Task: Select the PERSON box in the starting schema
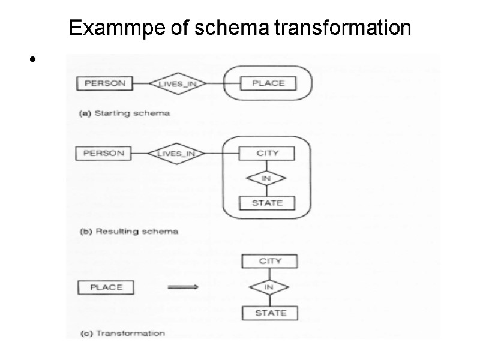(105, 83)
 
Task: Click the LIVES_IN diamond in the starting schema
(178, 83)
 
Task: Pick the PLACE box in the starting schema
(268, 83)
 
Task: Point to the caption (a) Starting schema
(125, 113)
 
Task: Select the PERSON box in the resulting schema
(103, 153)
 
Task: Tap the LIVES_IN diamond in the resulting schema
(176, 154)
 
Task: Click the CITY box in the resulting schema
(267, 153)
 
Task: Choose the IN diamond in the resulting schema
(267, 178)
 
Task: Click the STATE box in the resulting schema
(267, 203)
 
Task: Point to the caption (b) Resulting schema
(128, 230)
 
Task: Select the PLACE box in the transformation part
(106, 287)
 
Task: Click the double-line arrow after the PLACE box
(182, 287)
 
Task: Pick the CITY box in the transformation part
(269, 261)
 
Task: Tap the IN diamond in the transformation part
(269, 287)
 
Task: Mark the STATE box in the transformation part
(270, 313)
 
